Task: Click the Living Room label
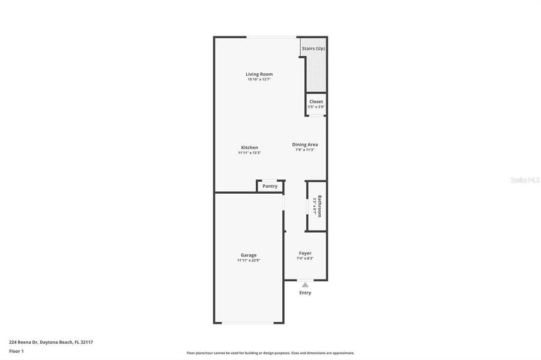[259, 74]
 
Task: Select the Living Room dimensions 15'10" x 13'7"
[259, 80]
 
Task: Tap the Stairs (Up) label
[313, 48]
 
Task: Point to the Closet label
[316, 101]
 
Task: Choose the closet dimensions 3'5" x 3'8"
[316, 107]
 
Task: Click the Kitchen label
[249, 148]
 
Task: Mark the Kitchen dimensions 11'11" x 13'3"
[249, 153]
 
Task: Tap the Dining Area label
[305, 145]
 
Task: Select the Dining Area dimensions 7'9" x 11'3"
[305, 150]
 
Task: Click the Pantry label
[270, 186]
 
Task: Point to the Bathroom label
[320, 206]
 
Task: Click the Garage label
[249, 255]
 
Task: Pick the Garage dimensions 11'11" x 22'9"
[249, 260]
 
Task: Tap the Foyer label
[305, 253]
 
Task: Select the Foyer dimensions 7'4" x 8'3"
[305, 259]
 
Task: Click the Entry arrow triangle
[305, 284]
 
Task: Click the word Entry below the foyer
[305, 293]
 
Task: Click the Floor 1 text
[16, 350]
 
